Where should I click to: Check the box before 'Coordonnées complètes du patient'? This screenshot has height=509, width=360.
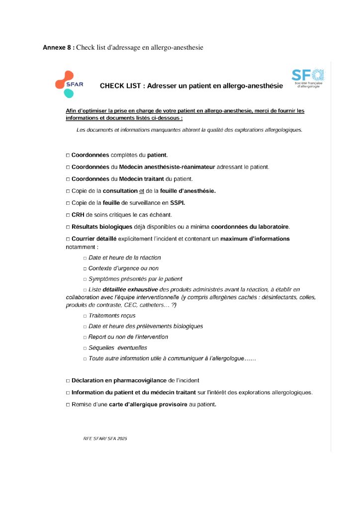[68, 155]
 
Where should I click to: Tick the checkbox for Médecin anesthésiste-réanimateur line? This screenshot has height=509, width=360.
[68, 167]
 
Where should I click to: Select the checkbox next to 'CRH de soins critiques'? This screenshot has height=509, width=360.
[68, 215]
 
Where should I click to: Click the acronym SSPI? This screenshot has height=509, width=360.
[178, 203]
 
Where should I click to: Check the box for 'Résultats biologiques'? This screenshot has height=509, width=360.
[68, 227]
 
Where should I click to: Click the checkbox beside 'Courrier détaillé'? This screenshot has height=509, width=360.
[68, 239]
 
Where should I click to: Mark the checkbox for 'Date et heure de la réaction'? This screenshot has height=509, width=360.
[85, 258]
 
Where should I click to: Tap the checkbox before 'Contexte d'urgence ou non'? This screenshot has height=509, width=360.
[85, 268]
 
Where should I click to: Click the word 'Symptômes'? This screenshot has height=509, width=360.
[104, 279]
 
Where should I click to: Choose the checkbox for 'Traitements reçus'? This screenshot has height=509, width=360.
[85, 316]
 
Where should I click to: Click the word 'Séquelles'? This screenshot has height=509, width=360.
[101, 347]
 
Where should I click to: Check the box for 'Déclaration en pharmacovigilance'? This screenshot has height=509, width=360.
[68, 381]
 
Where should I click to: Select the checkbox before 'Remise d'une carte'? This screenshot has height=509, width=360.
[68, 405]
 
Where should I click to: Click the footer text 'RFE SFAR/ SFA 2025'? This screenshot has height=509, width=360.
[105, 439]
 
